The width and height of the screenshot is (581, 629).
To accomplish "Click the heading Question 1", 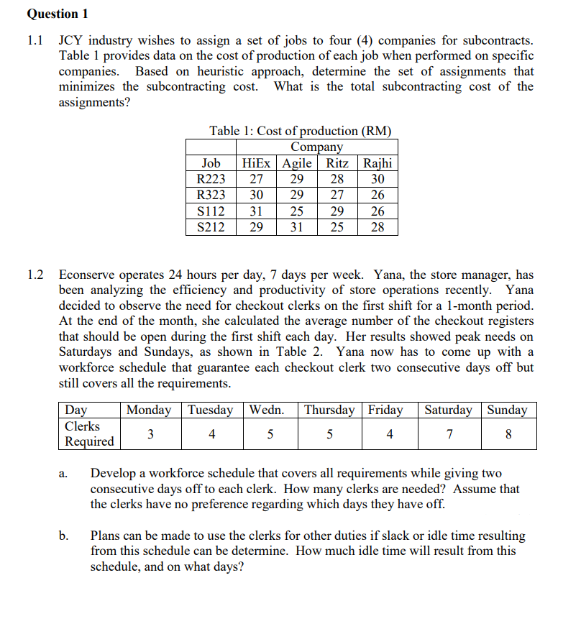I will tap(52, 14).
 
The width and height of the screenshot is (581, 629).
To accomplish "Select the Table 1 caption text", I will tap(300, 131).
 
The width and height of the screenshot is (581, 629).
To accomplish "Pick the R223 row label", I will tap(211, 179).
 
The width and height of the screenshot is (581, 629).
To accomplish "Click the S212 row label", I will tap(211, 227).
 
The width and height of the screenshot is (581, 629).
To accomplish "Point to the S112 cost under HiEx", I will tap(255, 211).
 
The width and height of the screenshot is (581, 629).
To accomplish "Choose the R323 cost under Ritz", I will tap(337, 195).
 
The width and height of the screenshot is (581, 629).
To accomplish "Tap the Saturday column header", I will tap(449, 410).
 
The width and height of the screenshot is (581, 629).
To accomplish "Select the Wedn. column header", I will tap(266, 410).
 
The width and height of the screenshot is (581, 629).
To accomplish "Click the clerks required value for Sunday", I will tap(508, 434).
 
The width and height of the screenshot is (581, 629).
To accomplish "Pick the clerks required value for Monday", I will tap(150, 434).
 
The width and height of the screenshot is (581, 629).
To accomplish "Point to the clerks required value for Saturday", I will tap(449, 434).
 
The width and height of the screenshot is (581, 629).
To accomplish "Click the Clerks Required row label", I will tap(89, 434).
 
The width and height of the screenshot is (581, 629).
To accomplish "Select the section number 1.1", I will tap(35, 41).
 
